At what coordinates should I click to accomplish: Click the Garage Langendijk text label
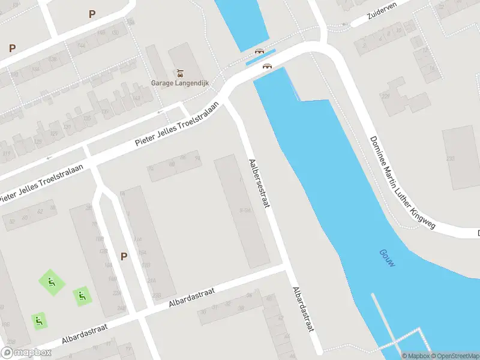pyautogui.click(x=179, y=83)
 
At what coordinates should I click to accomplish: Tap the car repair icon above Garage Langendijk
pyautogui.click(x=179, y=73)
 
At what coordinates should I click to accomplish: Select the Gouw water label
pyautogui.click(x=387, y=258)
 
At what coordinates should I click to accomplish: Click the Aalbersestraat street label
pyautogui.click(x=259, y=183)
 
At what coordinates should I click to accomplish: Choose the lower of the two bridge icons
pyautogui.click(x=266, y=66)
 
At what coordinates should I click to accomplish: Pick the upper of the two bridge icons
pyautogui.click(x=259, y=52)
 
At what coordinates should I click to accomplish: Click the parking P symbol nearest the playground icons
pyautogui.click(x=124, y=256)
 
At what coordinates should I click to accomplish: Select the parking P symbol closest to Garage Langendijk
pyautogui.click(x=92, y=14)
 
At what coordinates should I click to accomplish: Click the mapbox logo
pyautogui.click(x=26, y=352)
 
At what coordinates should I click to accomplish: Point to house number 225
pyautogui.click(x=385, y=97)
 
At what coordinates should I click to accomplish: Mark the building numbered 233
pyautogui.click(x=450, y=158)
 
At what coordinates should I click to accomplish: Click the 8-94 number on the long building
pyautogui.click(x=244, y=210)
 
